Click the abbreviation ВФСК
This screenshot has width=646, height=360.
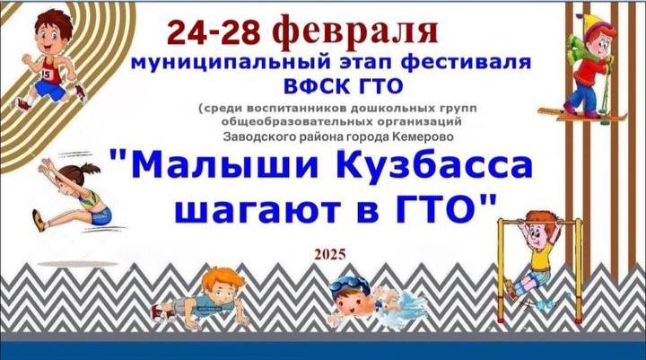click(x=316, y=86)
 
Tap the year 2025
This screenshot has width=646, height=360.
click(x=330, y=254)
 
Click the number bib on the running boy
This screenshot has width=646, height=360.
click(x=47, y=75)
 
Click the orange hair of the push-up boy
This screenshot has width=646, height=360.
click(x=223, y=278)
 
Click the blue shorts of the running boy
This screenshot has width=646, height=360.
click(x=50, y=91)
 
